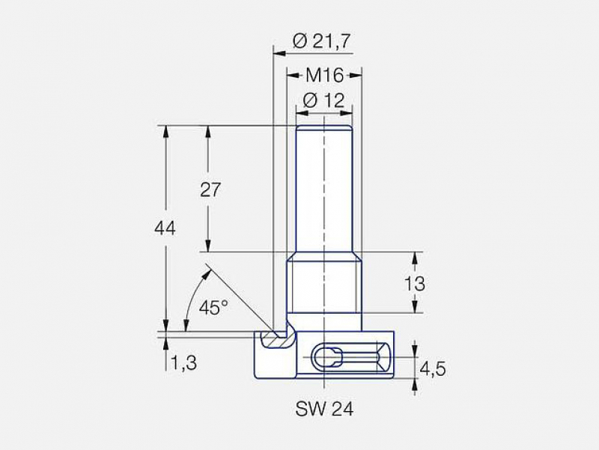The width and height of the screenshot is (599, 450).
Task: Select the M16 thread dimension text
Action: coord(325,75)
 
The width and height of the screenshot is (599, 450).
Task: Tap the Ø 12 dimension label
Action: coord(324,100)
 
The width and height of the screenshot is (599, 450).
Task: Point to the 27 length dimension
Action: coord(210,189)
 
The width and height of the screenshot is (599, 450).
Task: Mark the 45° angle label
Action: coord(214,307)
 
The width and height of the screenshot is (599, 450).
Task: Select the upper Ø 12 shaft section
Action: coord(324,187)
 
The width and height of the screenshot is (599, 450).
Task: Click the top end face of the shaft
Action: coord(324,126)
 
